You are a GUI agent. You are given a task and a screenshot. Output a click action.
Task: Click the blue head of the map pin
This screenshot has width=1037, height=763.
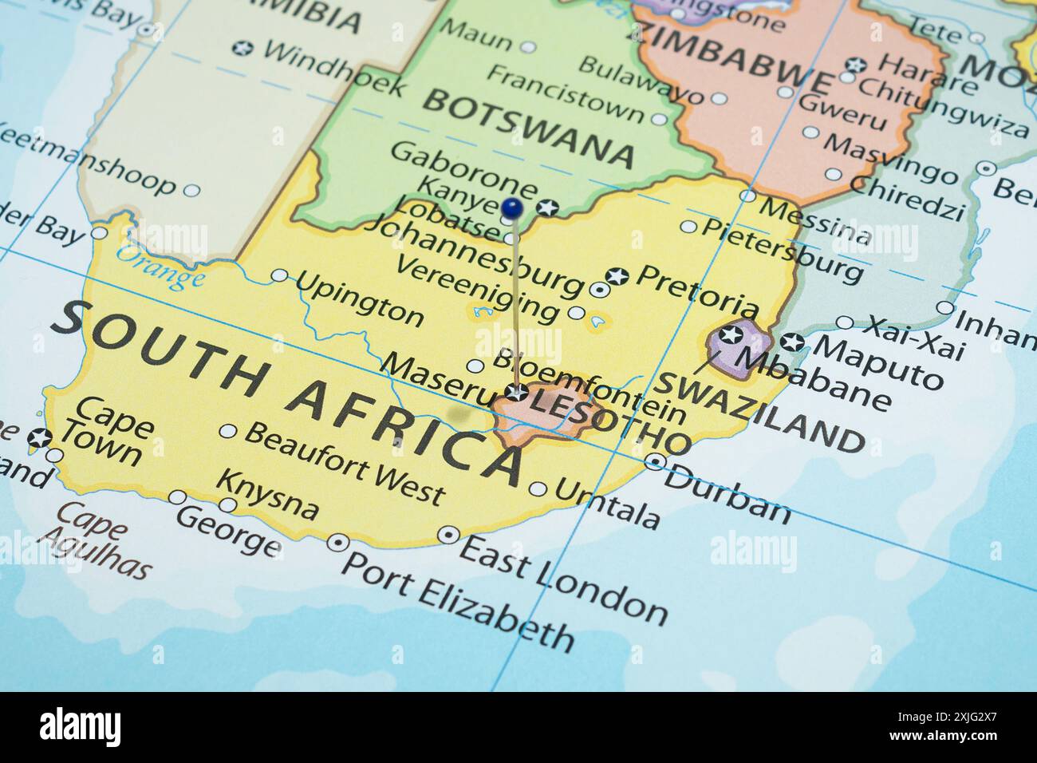tap(512, 208)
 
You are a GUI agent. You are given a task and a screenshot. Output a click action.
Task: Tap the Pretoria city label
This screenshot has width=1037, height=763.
tap(698, 291)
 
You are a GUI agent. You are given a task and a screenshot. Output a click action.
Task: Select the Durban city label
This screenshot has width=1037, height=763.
tap(727, 495)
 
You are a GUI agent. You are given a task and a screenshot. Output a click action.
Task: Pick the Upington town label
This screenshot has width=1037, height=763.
tap(360, 299)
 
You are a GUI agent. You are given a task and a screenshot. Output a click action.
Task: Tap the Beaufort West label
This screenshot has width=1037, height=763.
tap(344, 462)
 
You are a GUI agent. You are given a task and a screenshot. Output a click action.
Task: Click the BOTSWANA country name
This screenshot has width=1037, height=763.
tap(529, 127)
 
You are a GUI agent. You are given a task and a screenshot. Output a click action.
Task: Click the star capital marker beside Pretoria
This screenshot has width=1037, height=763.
tap(617, 277)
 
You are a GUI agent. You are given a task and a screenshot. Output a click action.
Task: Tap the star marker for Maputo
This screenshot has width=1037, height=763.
tap(792, 342)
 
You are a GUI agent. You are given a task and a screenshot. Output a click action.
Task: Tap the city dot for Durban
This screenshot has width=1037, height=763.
tap(656, 461)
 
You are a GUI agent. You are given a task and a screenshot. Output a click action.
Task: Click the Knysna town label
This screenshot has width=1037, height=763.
tap(267, 494)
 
